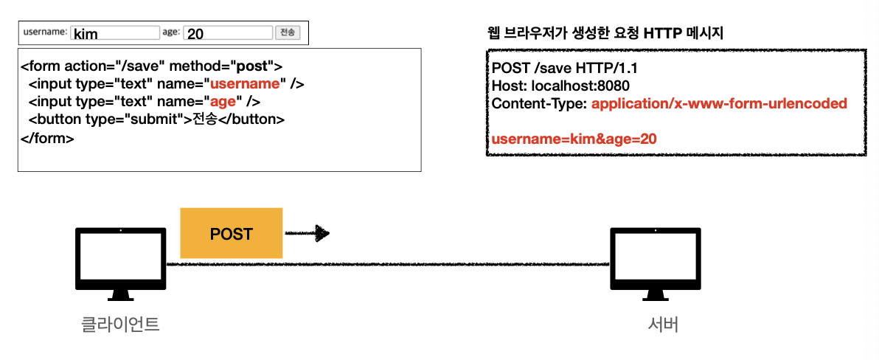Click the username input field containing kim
point(114,33)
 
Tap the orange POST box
point(231,234)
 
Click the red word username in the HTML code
point(247,83)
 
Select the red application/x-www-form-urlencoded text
point(719,104)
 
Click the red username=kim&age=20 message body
point(574,138)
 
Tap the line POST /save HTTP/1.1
point(564,69)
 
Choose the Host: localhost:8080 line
point(560,86)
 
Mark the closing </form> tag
point(47,137)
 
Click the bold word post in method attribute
point(249,66)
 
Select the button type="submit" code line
point(156,119)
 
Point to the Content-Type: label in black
point(539,104)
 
